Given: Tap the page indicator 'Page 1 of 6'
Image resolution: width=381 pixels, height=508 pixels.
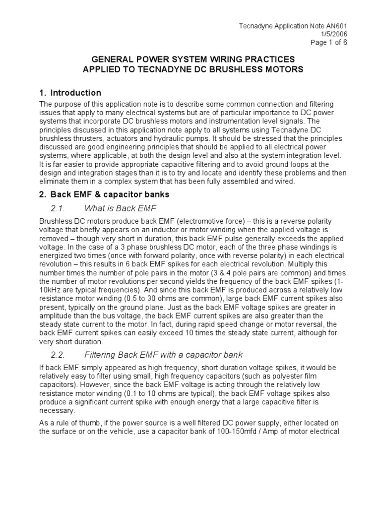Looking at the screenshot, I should pos(328,42).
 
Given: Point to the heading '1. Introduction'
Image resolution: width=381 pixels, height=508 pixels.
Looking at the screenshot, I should pos(70,93).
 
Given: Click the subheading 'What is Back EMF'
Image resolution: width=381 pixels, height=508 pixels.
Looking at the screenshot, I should pos(121,207).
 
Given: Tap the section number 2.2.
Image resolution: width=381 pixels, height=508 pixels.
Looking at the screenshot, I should pos(59,355).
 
